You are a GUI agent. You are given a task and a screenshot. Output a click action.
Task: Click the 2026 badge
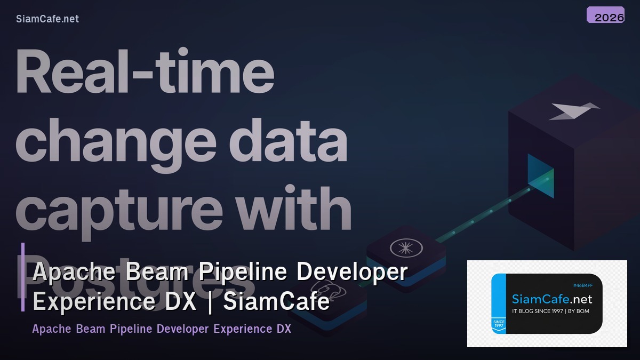pyautogui.click(x=605, y=15)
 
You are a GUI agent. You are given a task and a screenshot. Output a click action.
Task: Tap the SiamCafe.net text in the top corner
pyautogui.click(x=47, y=19)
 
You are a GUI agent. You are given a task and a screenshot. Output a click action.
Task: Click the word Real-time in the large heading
pyautogui.click(x=145, y=71)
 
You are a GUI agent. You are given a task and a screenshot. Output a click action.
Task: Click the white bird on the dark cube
pyautogui.click(x=573, y=111)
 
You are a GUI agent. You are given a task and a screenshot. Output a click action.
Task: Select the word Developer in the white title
pyautogui.click(x=352, y=272)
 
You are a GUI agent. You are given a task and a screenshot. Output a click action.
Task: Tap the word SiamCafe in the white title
pyautogui.click(x=276, y=302)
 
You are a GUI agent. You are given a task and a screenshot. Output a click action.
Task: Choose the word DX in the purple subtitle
pyautogui.click(x=283, y=329)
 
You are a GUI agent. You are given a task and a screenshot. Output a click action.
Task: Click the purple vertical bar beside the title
pyautogui.click(x=23, y=277)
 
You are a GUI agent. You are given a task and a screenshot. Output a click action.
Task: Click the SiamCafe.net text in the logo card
pyautogui.click(x=552, y=299)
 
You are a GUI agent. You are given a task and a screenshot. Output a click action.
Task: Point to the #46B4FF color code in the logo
pyautogui.click(x=582, y=285)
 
